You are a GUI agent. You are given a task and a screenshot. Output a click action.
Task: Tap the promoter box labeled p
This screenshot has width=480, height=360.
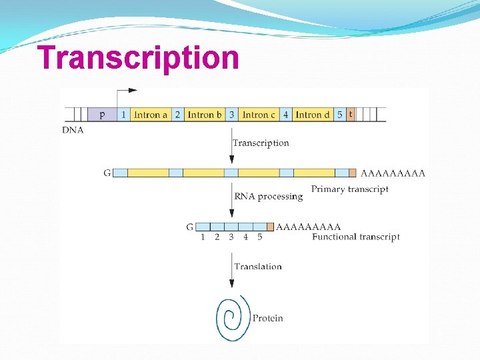tap(102, 115)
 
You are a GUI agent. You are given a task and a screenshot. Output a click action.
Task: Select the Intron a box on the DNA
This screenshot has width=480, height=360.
tap(151, 115)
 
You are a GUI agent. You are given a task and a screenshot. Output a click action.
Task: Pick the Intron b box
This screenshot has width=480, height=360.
tap(205, 115)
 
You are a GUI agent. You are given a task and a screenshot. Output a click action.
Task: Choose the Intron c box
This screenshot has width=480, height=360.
tap(259, 115)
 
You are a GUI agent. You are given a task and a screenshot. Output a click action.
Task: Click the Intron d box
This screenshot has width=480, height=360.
tap(313, 115)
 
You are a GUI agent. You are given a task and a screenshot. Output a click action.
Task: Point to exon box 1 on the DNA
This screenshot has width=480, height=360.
tap(123, 115)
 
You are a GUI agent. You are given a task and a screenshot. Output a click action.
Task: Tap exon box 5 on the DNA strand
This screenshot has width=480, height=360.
tap(340, 115)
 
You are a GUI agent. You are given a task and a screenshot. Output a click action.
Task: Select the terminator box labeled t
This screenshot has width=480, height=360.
tap(351, 115)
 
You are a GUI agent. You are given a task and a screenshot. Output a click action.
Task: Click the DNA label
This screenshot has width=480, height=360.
tap(73, 130)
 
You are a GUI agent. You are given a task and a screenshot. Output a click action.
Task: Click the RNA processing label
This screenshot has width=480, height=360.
tap(268, 196)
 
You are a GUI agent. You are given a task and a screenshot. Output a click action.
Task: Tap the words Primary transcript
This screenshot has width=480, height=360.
tap(349, 189)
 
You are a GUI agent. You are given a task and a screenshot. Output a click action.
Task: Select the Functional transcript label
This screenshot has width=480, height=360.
tap(355, 237)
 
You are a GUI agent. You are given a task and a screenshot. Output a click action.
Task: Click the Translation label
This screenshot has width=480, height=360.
tap(258, 267)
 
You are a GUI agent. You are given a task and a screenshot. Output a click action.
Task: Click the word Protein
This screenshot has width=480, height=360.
tap(267, 318)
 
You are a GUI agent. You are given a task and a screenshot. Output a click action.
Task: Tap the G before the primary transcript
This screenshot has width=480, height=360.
tap(107, 173)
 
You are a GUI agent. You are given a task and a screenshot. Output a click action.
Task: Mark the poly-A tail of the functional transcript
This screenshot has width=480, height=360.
tap(308, 227)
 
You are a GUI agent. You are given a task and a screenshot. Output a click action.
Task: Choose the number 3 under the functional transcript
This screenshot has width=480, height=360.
tap(231, 237)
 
